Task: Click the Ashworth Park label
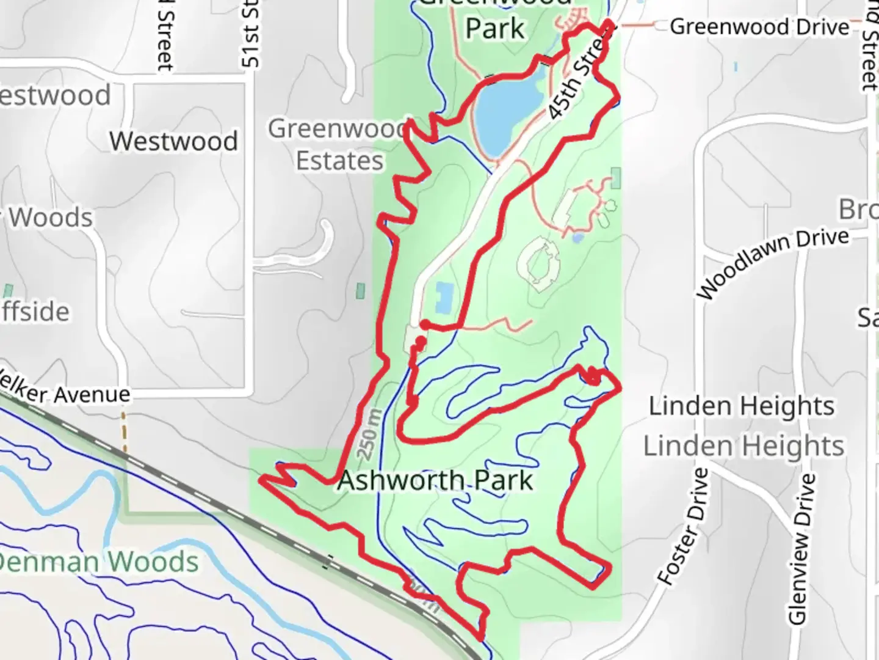[435, 480]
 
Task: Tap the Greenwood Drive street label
[759, 27]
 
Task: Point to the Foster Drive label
[684, 527]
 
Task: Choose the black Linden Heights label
[741, 406]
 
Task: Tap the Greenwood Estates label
[339, 145]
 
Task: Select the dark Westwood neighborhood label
[174, 141]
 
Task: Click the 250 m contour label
[369, 435]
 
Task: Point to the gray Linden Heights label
[743, 446]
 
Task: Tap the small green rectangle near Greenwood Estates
[361, 291]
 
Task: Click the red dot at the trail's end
[420, 341]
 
